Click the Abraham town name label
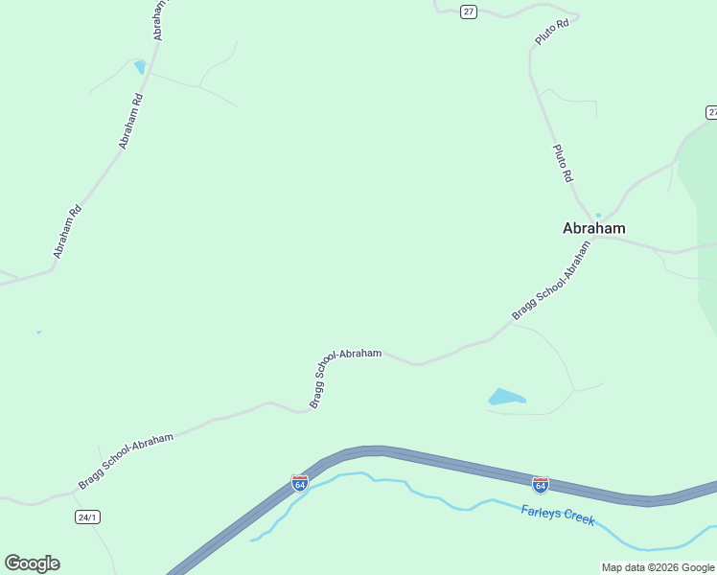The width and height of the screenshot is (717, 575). pyautogui.click(x=593, y=228)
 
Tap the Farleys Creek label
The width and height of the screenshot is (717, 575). pyautogui.click(x=558, y=516)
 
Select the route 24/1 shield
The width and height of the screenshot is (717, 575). pyautogui.click(x=87, y=517)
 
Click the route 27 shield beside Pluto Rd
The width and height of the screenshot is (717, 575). pyautogui.click(x=468, y=11)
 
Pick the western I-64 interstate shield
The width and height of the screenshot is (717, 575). pyautogui.click(x=300, y=483)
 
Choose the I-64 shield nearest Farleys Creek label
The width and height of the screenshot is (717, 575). pyautogui.click(x=541, y=484)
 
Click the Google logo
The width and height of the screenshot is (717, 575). pyautogui.click(x=32, y=563)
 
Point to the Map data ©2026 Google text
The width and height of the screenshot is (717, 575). pyautogui.click(x=658, y=567)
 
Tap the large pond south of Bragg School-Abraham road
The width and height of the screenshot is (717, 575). pyautogui.click(x=505, y=397)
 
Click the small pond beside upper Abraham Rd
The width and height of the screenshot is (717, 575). pyautogui.click(x=140, y=66)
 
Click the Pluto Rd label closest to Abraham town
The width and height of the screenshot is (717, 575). pyautogui.click(x=563, y=163)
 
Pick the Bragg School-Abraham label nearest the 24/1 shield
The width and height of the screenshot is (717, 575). pyautogui.click(x=126, y=461)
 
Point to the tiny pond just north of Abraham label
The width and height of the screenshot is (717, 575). pyautogui.click(x=598, y=215)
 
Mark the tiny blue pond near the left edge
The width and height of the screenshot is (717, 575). pyautogui.click(x=38, y=333)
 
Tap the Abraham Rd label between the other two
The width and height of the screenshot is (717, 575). pyautogui.click(x=130, y=120)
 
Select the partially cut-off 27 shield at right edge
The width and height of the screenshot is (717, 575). pyautogui.click(x=711, y=113)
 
